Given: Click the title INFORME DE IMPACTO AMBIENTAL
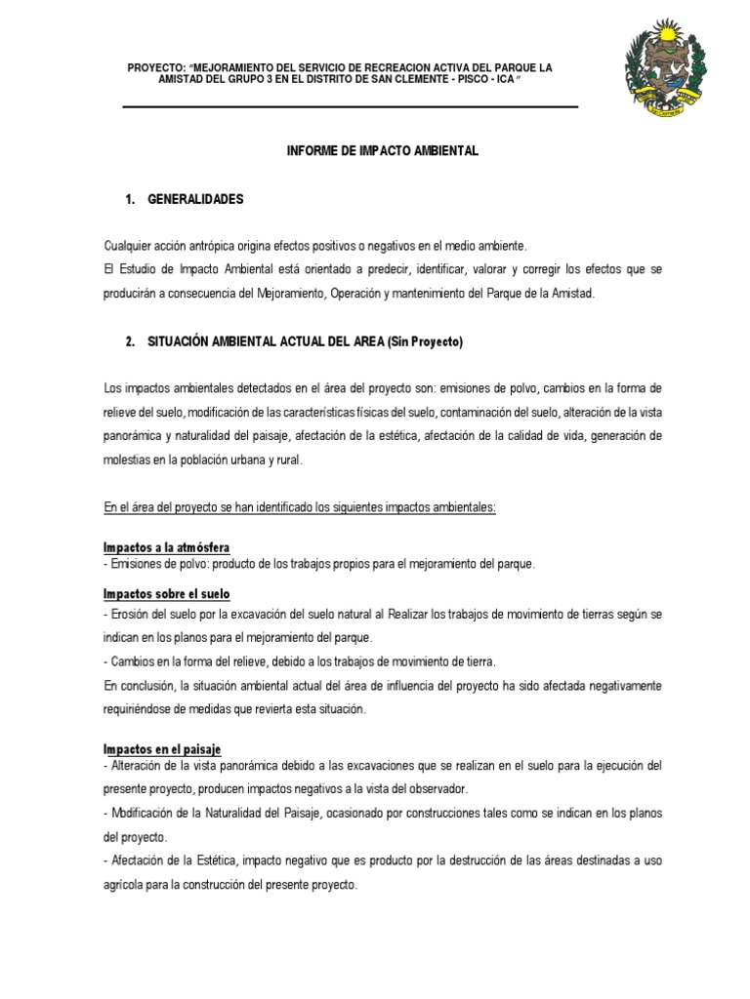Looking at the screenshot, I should [383, 152].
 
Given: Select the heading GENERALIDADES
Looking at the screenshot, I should [195, 199].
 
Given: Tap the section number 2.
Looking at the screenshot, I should [130, 342].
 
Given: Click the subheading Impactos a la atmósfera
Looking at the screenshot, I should [167, 547].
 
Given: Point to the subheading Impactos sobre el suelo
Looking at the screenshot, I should [167, 594].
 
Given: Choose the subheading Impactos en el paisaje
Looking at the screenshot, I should [163, 748].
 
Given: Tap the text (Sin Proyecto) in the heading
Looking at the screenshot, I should [425, 342].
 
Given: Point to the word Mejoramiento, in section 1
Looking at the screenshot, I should [284, 294].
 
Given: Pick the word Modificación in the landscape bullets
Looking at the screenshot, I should [142, 813].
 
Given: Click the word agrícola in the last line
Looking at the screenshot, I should [124, 885].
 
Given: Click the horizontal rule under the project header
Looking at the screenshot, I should [350, 106].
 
